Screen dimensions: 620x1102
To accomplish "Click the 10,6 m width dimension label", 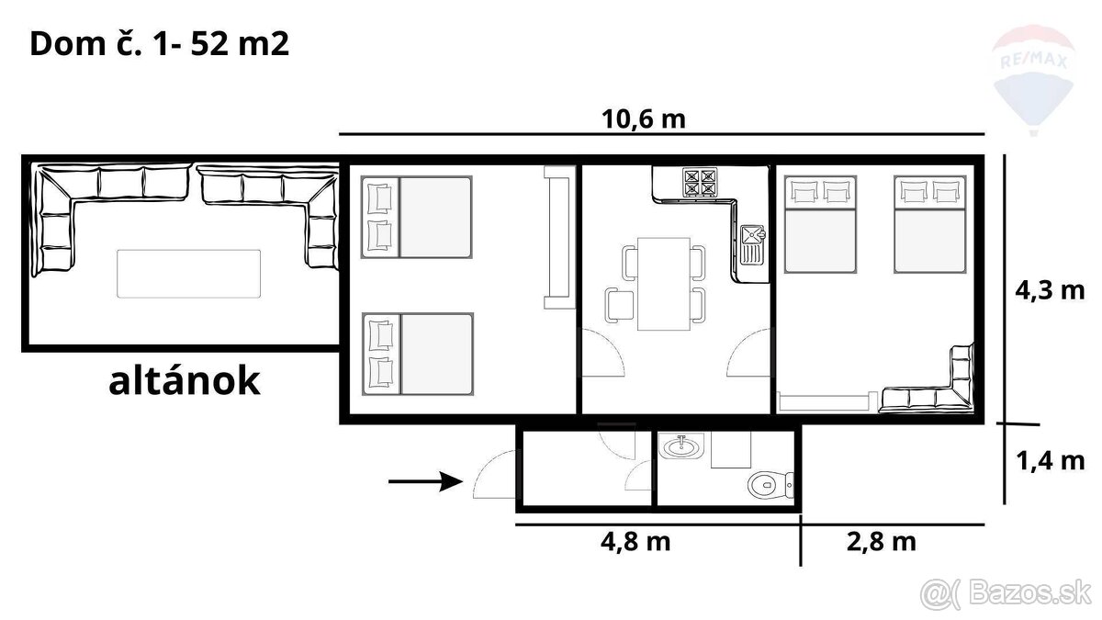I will (x=644, y=119).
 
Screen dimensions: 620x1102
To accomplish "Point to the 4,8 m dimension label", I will (x=635, y=541).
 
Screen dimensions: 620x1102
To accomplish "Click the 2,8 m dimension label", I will (x=879, y=541).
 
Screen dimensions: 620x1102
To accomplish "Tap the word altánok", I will (x=184, y=381).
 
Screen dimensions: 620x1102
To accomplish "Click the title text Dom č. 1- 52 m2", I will (x=160, y=44).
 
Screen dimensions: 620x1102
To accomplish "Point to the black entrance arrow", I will (x=423, y=480).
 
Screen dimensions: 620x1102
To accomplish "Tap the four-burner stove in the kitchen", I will (x=699, y=182).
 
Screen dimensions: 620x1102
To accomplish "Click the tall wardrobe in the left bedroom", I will (x=557, y=237).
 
